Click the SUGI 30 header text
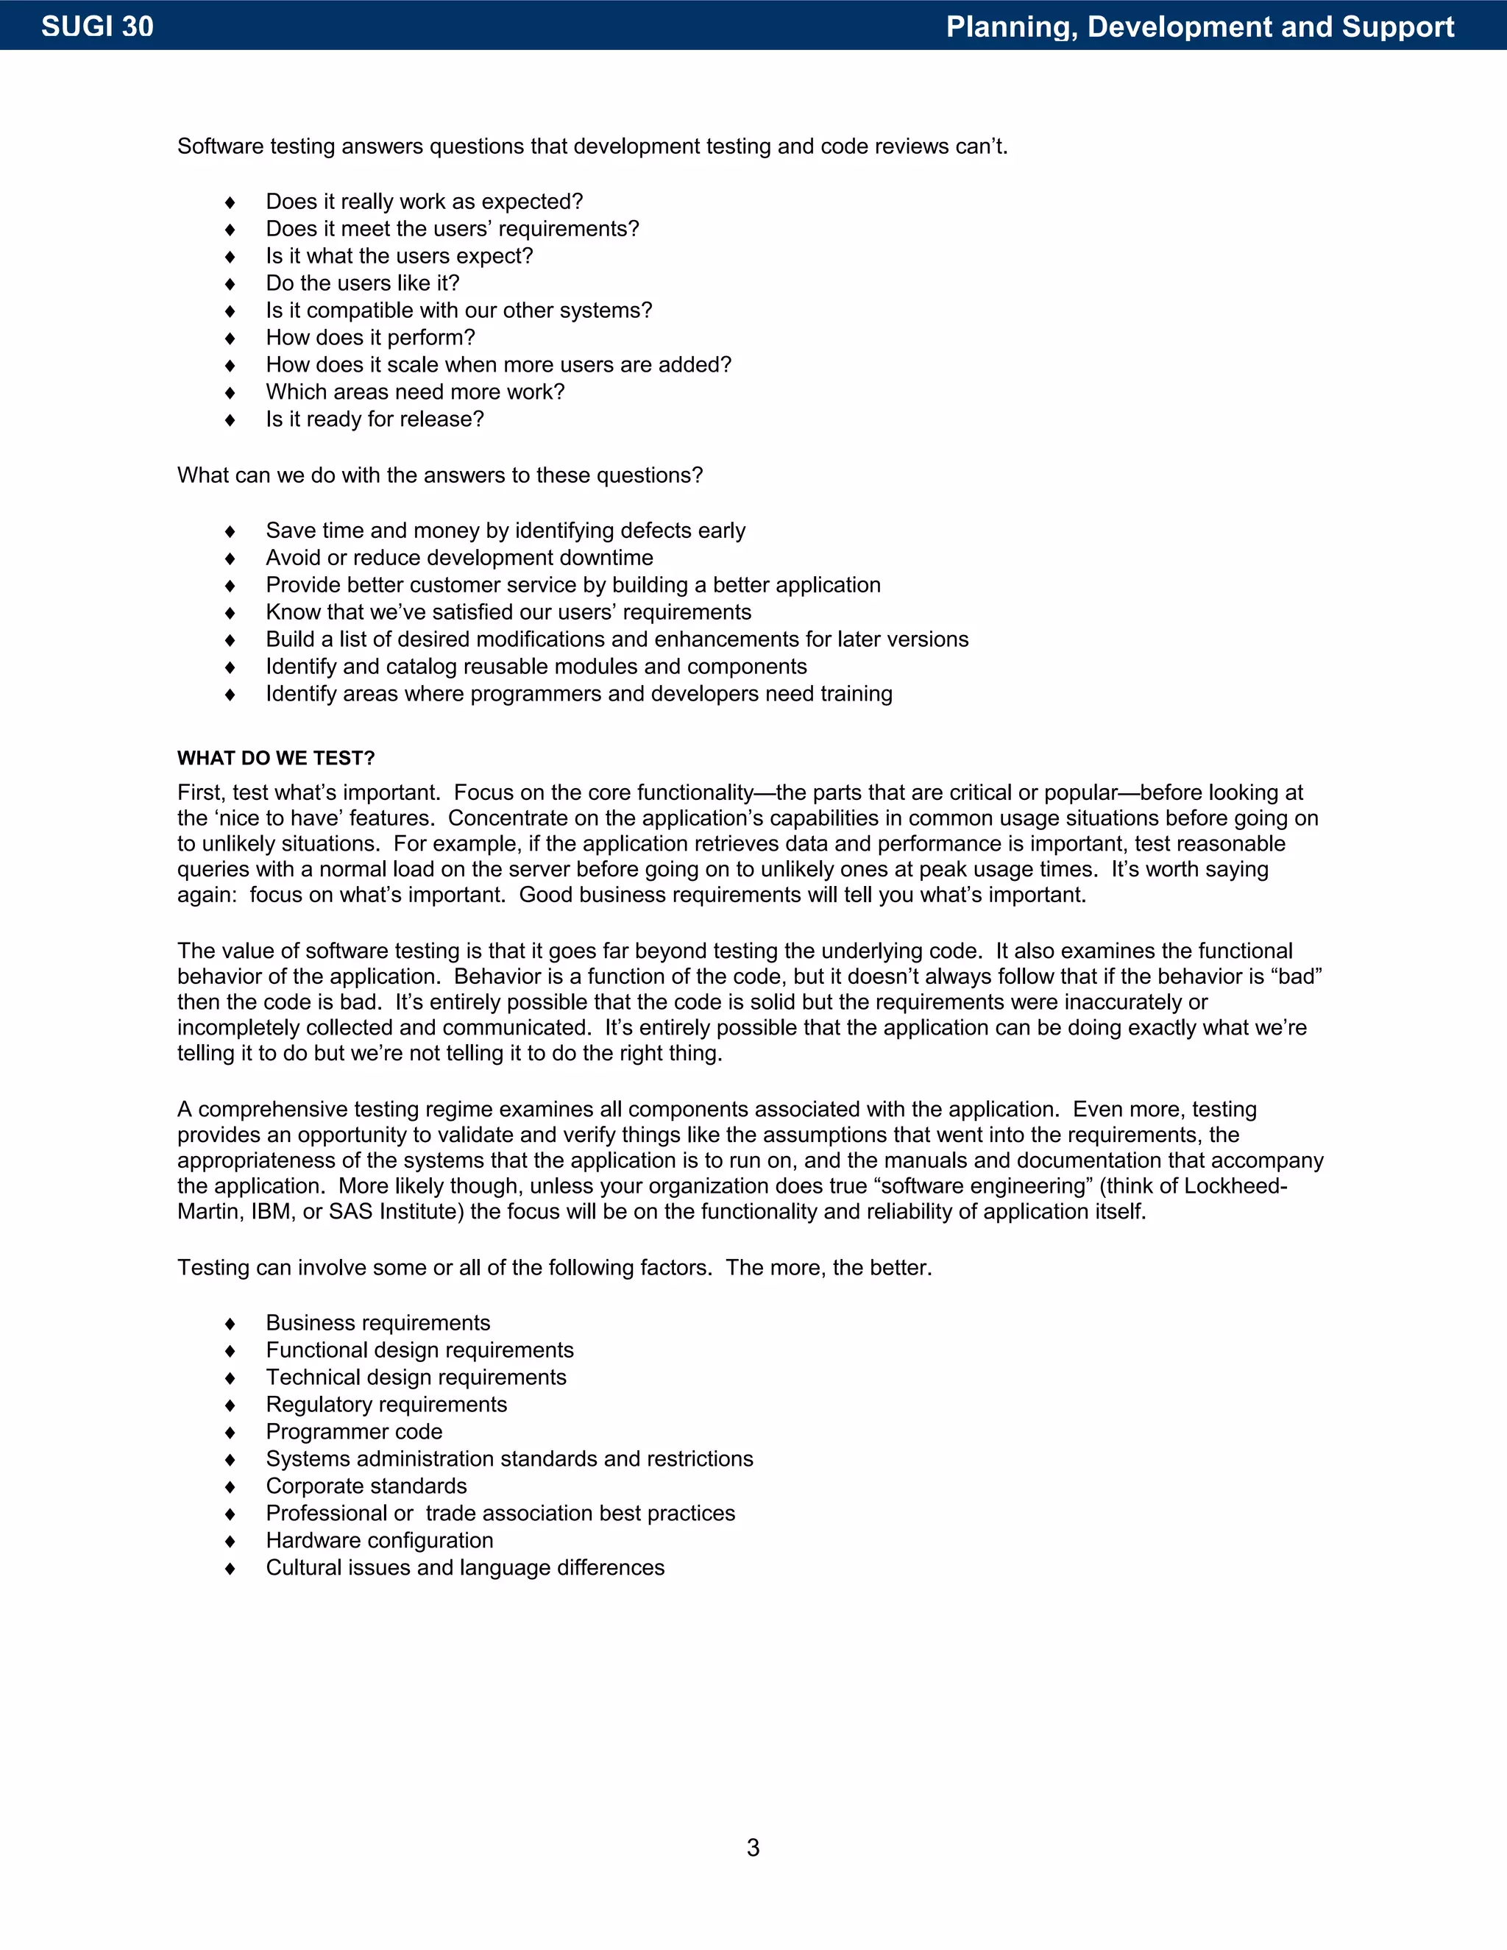(x=97, y=26)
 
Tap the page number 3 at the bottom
(x=753, y=1847)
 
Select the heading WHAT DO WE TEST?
(x=276, y=758)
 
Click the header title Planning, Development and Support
(x=1200, y=26)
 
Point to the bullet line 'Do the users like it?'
(x=363, y=283)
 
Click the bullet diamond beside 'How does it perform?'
(x=230, y=338)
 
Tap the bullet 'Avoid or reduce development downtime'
(x=459, y=558)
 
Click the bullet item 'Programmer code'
(x=353, y=1432)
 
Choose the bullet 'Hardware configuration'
(x=380, y=1541)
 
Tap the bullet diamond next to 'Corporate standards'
(x=230, y=1487)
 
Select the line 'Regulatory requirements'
(x=386, y=1405)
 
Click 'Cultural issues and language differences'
(x=465, y=1568)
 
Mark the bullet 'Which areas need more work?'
(x=415, y=392)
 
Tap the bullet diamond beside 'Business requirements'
(x=230, y=1324)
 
